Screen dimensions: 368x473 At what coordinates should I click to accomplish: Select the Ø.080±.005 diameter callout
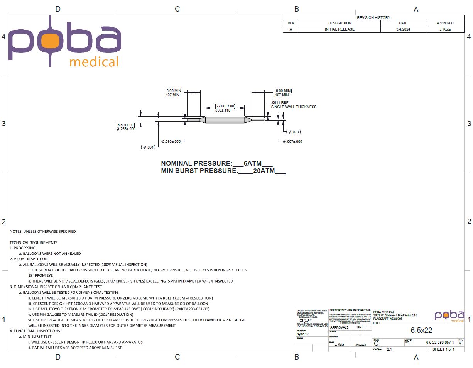tap(171, 142)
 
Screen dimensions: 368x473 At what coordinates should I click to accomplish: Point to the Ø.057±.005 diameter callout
tap(292, 142)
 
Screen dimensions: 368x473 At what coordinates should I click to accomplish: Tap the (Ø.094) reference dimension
tap(149, 148)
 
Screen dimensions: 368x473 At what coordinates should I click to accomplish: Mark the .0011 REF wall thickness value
tap(277, 103)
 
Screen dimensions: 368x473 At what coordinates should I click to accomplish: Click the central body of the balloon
tap(225, 120)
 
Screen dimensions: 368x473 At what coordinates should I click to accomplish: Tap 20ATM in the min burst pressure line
tap(264, 171)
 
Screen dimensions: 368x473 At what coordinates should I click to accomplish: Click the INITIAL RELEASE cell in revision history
tap(340, 29)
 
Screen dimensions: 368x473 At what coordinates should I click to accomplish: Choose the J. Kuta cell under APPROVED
tap(445, 29)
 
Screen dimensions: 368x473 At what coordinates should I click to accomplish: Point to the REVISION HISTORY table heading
tap(373, 17)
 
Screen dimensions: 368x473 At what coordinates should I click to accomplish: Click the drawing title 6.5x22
tap(421, 330)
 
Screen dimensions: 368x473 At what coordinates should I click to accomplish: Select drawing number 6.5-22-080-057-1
tap(440, 343)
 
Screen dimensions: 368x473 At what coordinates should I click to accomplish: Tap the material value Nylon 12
tap(303, 334)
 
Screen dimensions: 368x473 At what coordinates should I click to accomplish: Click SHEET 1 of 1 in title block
tap(443, 349)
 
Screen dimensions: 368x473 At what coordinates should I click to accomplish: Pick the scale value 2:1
tap(389, 349)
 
